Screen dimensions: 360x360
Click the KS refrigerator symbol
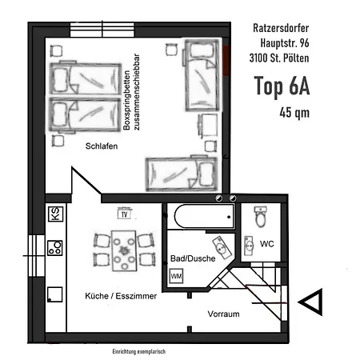click(x=55, y=214)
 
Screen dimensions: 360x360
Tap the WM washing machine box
click(x=176, y=276)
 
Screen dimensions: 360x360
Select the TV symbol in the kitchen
click(x=124, y=214)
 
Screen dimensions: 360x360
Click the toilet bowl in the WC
click(x=261, y=216)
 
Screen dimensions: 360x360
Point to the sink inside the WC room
click(x=249, y=246)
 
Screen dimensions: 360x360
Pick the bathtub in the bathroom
click(x=204, y=216)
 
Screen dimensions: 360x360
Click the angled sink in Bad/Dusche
click(x=222, y=247)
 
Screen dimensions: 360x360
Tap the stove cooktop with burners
click(x=55, y=248)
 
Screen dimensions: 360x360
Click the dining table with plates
click(x=124, y=250)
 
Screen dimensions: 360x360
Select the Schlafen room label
click(x=102, y=146)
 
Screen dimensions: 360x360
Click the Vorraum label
click(x=223, y=314)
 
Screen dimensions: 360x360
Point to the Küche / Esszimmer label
click(x=121, y=296)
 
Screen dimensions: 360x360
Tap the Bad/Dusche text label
click(x=193, y=258)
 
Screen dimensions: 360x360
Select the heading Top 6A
click(x=282, y=86)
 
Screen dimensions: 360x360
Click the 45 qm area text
click(x=294, y=113)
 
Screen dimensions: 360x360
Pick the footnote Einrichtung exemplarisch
click(x=139, y=351)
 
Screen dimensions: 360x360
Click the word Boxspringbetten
click(x=126, y=100)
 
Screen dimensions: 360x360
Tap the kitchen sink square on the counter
click(x=55, y=294)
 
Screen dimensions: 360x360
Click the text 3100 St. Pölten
click(x=279, y=58)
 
